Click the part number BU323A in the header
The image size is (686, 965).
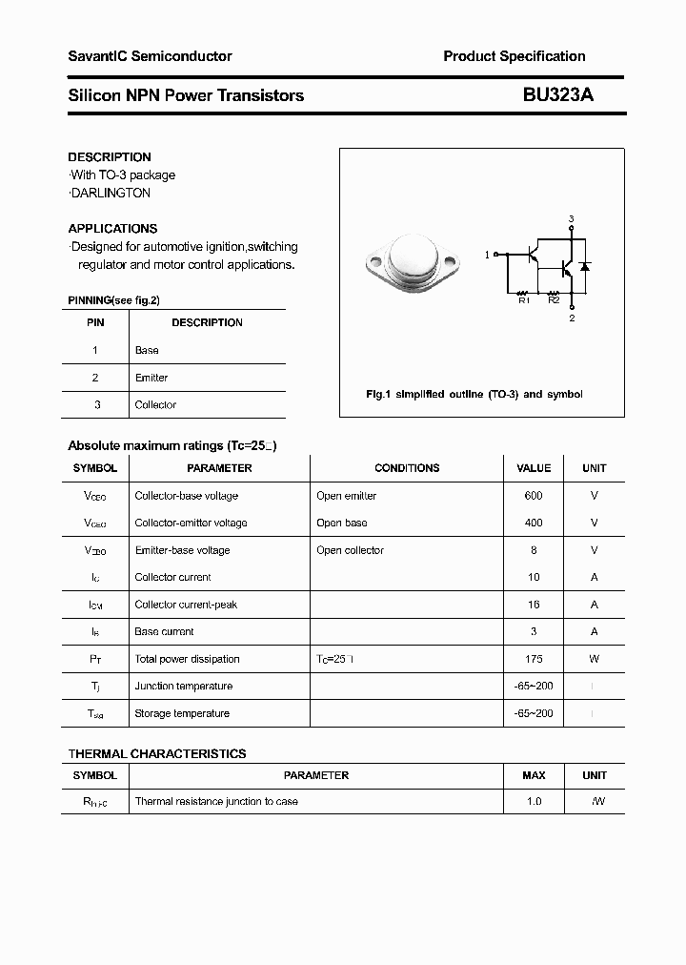coord(557,95)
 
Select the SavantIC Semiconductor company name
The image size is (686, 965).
coord(150,56)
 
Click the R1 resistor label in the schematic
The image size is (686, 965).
coord(523,301)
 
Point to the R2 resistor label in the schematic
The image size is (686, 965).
coord(553,301)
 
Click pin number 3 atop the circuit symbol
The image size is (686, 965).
coord(572,219)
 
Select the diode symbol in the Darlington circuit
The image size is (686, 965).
coord(584,265)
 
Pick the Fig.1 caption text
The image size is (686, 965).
coord(474,394)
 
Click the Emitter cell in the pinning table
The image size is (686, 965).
coord(151,378)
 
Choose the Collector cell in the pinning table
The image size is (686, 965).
coord(155,405)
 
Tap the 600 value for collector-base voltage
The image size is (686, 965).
coord(534,496)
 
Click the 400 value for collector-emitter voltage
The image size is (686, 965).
coord(534,523)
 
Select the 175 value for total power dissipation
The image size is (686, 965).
coord(534,659)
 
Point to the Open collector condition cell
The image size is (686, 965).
coord(350,550)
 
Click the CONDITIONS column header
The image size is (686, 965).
coord(407,468)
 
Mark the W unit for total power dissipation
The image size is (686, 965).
coord(594,659)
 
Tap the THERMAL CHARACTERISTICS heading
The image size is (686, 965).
coord(157,753)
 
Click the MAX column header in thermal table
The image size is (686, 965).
coord(534,775)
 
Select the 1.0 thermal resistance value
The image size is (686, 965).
coord(534,802)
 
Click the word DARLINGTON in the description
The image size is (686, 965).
coord(111,193)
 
